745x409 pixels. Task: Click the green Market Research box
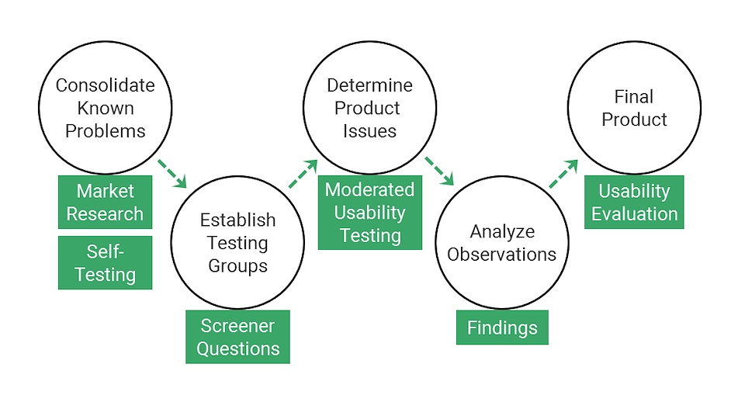point(105,202)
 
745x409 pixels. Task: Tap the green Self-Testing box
point(105,262)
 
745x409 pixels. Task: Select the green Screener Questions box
point(237,337)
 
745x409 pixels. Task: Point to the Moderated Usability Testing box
point(369,213)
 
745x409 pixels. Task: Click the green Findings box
point(502,328)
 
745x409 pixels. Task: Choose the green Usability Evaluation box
point(634,202)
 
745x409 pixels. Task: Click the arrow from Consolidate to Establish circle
point(172,174)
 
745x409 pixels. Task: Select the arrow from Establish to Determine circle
point(303,174)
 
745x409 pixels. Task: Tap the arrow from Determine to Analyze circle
point(439,171)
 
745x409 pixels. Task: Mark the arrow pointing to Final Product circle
point(563,174)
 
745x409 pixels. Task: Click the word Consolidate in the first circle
point(105,85)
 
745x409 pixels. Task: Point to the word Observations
point(502,255)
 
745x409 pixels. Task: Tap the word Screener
point(237,326)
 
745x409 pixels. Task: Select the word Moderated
point(369,189)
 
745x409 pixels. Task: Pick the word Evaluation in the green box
point(634,213)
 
